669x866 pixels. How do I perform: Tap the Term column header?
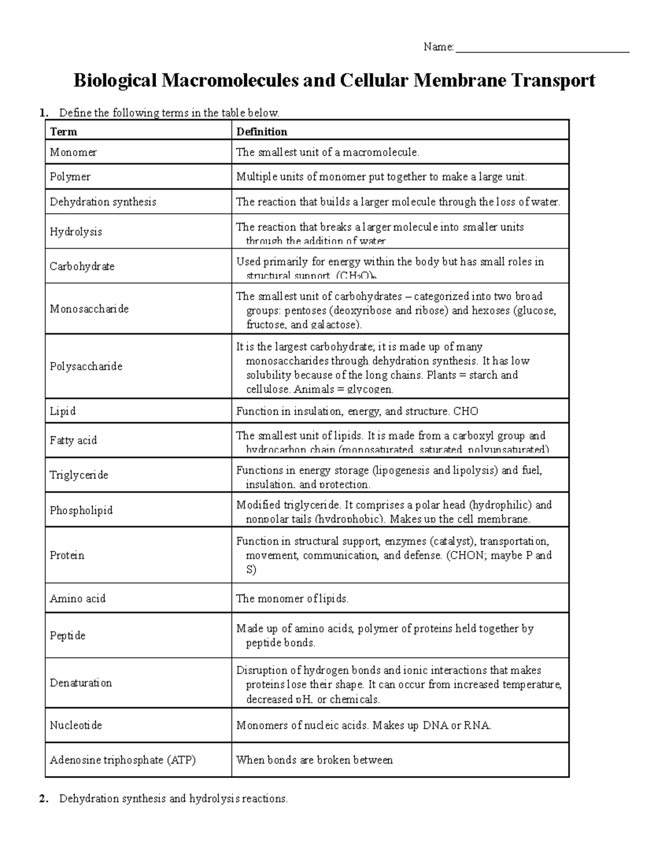click(64, 132)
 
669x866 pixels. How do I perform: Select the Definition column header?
click(261, 132)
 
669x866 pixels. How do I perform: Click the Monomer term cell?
click(73, 152)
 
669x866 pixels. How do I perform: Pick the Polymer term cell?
click(70, 177)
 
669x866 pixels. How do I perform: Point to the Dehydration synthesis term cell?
click(103, 202)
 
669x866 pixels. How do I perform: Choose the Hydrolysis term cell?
click(76, 231)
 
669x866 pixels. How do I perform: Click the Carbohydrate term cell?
click(82, 267)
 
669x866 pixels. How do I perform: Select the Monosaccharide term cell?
click(89, 309)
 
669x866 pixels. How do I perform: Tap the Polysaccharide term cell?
click(86, 366)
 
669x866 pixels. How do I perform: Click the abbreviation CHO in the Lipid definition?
click(466, 412)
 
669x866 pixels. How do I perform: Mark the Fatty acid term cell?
click(73, 441)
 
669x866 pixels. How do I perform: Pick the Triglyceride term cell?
click(79, 475)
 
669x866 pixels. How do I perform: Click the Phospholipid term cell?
click(81, 510)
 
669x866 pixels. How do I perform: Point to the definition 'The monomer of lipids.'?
click(292, 599)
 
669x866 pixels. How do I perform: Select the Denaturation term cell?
click(80, 683)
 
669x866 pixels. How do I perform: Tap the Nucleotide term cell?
click(76, 725)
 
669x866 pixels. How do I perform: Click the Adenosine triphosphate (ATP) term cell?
click(123, 760)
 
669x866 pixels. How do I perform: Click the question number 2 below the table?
click(43, 799)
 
